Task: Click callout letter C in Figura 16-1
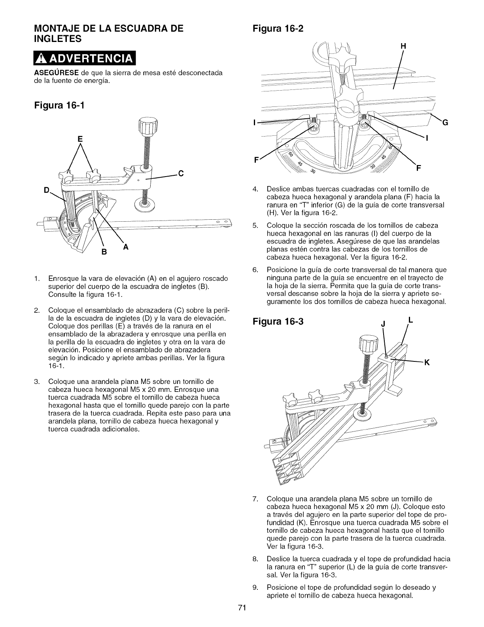[181, 173]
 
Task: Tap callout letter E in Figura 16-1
[81, 139]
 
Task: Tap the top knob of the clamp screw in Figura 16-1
[145, 127]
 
